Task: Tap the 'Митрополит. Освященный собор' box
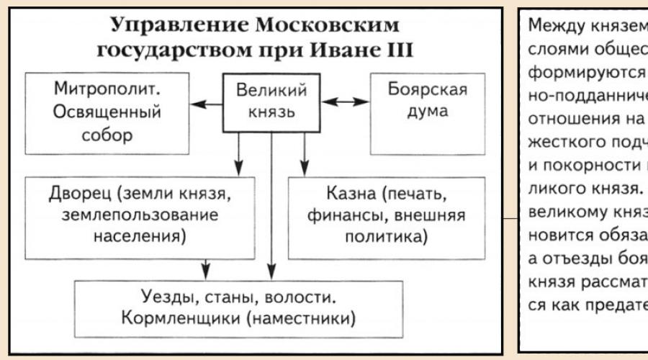pos(107,114)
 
